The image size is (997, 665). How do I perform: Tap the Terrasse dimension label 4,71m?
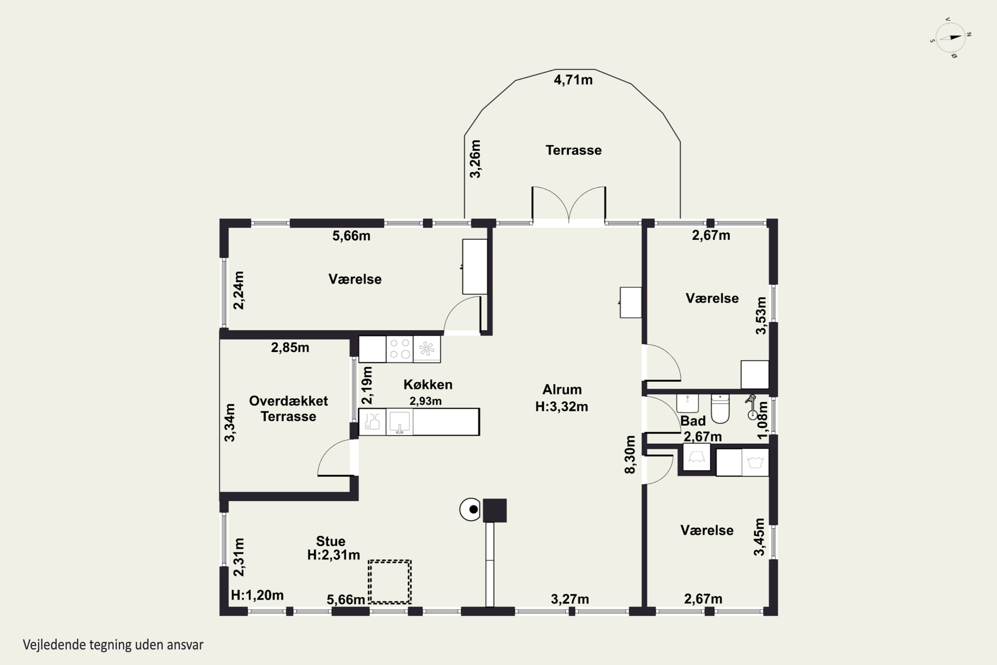coord(573,80)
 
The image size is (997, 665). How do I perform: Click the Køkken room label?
coord(428,384)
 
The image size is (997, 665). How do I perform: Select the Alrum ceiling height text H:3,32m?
coord(562,406)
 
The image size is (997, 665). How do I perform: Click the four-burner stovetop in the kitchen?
coord(400,349)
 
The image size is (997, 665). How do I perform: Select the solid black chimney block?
coord(495,510)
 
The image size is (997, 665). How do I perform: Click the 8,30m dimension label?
coord(630,454)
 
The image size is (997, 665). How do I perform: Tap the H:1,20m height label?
coord(257,595)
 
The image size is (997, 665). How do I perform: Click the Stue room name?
coord(331,541)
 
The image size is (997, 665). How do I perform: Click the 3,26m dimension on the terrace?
coord(476,159)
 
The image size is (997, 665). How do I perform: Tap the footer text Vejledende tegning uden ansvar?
coord(113,645)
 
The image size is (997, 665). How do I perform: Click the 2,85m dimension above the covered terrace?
coord(290,347)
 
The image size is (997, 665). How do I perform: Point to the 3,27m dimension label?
coord(570,599)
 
